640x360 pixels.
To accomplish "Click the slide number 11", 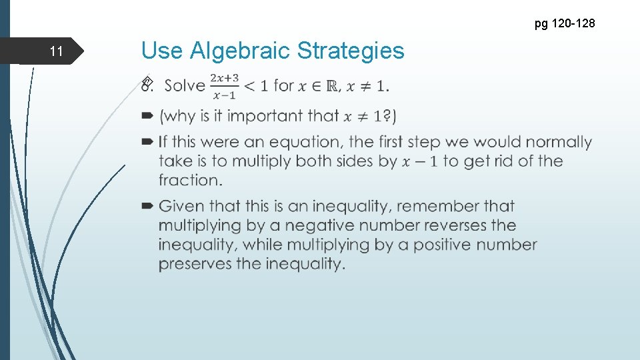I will (56, 51).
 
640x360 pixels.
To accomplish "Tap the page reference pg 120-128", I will (565, 24).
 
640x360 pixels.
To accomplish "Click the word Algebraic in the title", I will (240, 51).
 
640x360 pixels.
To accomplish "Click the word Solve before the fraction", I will (184, 85).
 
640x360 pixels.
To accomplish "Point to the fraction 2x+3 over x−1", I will (225, 85).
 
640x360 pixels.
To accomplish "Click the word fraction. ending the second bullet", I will (190, 180).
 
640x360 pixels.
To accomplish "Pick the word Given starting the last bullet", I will (181, 206).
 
